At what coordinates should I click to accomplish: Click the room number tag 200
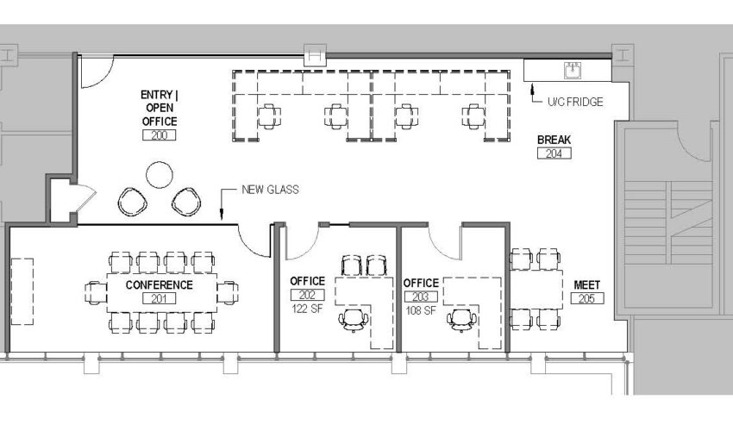[159, 135]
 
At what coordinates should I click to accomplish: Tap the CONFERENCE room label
[159, 285]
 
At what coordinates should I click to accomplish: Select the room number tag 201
[159, 298]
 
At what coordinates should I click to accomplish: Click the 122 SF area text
[307, 309]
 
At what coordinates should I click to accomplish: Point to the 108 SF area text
[421, 310]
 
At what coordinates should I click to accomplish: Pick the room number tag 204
[554, 153]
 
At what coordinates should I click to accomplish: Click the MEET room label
[586, 285]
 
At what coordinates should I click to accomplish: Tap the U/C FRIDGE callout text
[575, 102]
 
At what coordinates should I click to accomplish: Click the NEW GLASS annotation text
[270, 190]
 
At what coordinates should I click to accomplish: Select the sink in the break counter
[573, 71]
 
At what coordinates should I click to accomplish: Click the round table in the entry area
[160, 175]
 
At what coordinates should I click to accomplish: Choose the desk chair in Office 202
[353, 320]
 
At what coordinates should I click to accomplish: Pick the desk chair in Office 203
[462, 320]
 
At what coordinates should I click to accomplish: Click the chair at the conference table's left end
[96, 292]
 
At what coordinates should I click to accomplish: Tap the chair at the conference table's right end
[228, 292]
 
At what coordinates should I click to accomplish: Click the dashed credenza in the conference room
[22, 291]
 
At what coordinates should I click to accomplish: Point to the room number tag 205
[587, 298]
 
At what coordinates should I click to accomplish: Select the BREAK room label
[554, 140]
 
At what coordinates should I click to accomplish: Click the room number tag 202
[307, 295]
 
